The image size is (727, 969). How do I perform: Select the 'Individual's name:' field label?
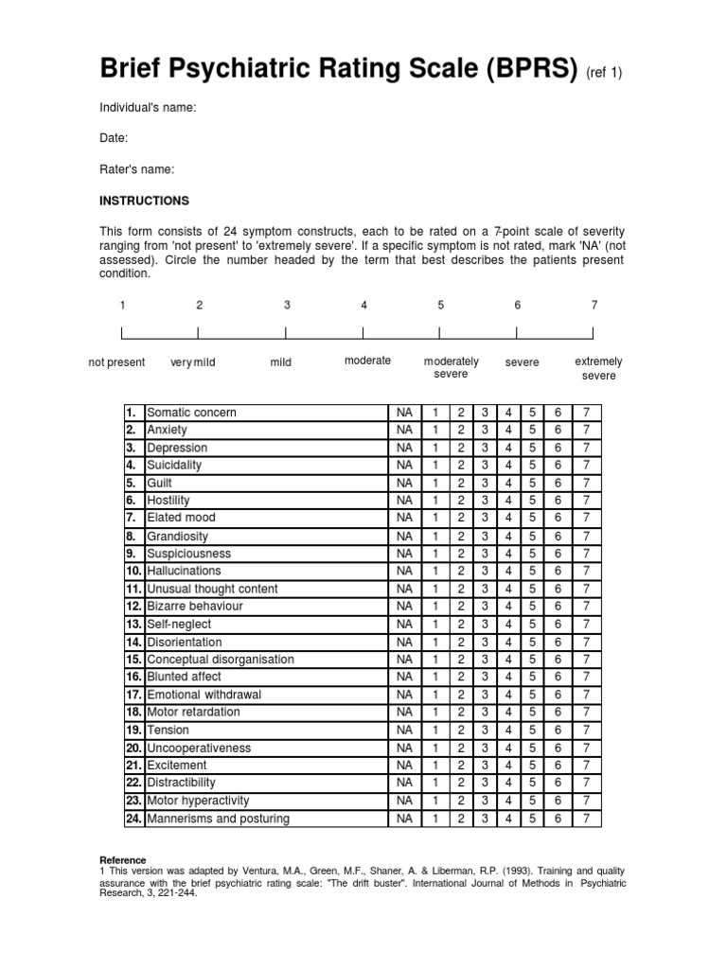pos(149,108)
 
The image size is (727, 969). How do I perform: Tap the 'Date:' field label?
pos(114,138)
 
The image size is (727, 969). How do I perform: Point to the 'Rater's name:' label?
pos(137,169)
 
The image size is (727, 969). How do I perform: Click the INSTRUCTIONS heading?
pos(145,201)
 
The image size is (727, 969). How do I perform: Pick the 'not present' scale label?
pos(116,362)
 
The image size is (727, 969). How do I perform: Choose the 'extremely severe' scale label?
pos(598,368)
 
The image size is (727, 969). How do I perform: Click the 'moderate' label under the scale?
pos(367,361)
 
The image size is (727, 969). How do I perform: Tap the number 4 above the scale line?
pos(363,305)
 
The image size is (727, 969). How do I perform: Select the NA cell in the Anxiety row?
pos(404,430)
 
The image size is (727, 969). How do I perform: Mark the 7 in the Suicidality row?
pos(587,465)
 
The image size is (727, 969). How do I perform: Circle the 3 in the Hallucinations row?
pos(484,571)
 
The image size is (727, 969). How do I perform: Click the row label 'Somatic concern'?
pos(192,413)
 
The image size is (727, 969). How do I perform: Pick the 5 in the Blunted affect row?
pos(533,677)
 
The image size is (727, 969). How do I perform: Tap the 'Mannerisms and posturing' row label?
pos(219,819)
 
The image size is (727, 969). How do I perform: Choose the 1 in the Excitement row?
pos(435,765)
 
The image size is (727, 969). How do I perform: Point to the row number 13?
pos(133,624)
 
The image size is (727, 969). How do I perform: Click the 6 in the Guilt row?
pos(559,483)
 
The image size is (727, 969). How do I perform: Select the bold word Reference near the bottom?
pos(123,860)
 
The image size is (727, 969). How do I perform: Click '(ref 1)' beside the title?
pos(605,73)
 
